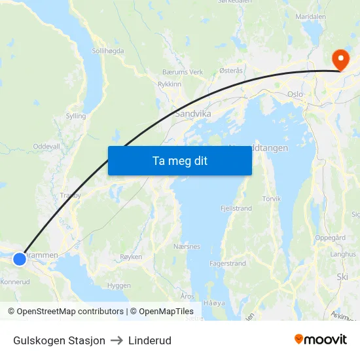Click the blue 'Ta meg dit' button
coord(179,160)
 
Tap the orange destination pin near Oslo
coord(340,60)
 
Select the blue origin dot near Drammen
coord(20,259)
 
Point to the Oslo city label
coord(295,94)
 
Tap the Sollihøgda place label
coord(108,50)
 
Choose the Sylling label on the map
coord(76,116)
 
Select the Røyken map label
coord(131,257)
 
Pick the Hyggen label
coord(118,285)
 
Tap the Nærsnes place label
coord(187,247)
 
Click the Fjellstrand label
coord(236,208)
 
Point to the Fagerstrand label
coord(228,264)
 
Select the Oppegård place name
coord(331,238)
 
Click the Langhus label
coord(343,253)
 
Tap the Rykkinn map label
coord(170,84)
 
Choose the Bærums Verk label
coord(183,72)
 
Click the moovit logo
coord(321,340)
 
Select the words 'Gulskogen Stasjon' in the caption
coord(59,340)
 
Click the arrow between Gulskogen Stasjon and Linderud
coord(117,340)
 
